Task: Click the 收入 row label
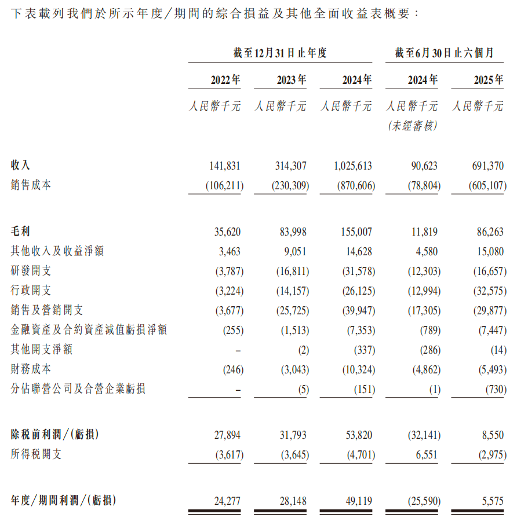[x=20, y=166]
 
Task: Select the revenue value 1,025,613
[x=353, y=166]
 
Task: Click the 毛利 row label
[x=20, y=232]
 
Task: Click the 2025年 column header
[x=488, y=80]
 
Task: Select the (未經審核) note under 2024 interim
[x=412, y=125]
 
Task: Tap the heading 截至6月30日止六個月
[x=444, y=53]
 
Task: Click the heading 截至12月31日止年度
[x=280, y=53]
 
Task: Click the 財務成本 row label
[x=31, y=369]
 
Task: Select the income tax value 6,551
[x=425, y=454]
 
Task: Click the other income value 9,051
[x=294, y=251]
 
